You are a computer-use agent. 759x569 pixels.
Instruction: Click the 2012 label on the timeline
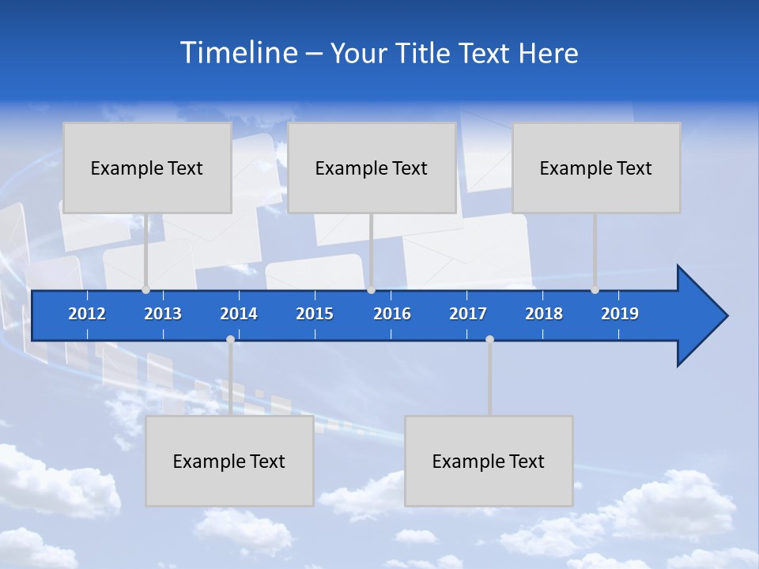coord(87,314)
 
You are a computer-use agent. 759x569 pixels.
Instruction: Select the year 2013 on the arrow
coord(163,314)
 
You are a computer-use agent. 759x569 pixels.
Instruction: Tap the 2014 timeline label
coord(239,314)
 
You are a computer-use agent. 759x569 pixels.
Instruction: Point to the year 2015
coord(315,314)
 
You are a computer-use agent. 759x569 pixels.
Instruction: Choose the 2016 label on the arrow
coord(392,314)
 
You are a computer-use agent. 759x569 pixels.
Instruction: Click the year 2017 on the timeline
coord(468,314)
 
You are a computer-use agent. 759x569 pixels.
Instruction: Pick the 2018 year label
coord(544,314)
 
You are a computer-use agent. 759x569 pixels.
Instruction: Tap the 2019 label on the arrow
coord(620,314)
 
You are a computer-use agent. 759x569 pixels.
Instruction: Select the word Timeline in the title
coord(238,53)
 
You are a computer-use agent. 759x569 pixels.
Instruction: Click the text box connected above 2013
coord(147,168)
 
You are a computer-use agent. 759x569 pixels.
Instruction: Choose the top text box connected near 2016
coord(372,168)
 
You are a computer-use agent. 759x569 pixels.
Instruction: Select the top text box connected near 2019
coord(596,168)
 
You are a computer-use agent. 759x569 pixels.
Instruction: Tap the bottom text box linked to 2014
coord(229,461)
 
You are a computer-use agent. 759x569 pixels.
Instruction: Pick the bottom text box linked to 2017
coord(489,461)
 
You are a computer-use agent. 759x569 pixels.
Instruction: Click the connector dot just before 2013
coord(145,289)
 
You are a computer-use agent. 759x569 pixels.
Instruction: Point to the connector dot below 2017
coord(489,339)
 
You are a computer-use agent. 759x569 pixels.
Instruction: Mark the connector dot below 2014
coord(230,339)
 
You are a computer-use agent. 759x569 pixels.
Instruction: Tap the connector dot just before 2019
coord(595,289)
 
